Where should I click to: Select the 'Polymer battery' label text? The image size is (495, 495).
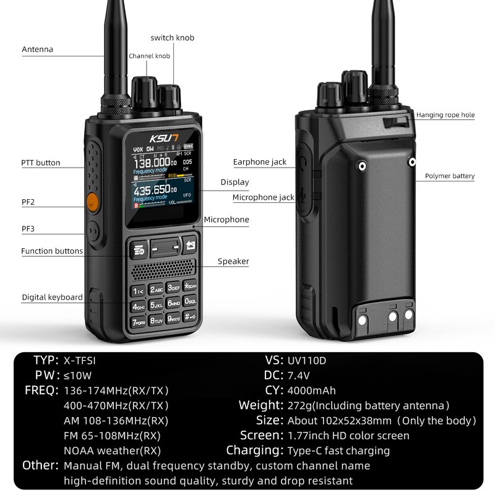(450, 176)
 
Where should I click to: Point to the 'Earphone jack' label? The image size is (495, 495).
(260, 162)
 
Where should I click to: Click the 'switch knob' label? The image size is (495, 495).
(173, 38)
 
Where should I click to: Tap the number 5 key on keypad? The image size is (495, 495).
(155, 306)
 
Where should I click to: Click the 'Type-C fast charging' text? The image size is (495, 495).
(338, 450)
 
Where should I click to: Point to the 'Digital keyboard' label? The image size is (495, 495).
(53, 298)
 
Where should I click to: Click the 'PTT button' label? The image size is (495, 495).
(41, 163)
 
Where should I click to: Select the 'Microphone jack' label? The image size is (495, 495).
(263, 198)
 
